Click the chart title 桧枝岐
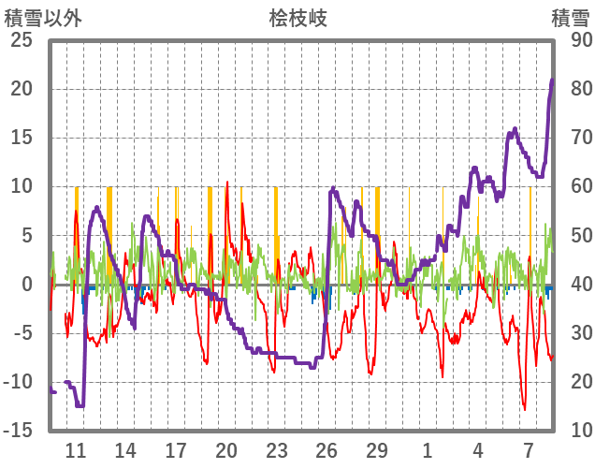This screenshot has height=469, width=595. [298, 18]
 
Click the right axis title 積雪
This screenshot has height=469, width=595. [570, 18]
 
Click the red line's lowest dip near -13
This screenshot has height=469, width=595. [525, 409]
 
